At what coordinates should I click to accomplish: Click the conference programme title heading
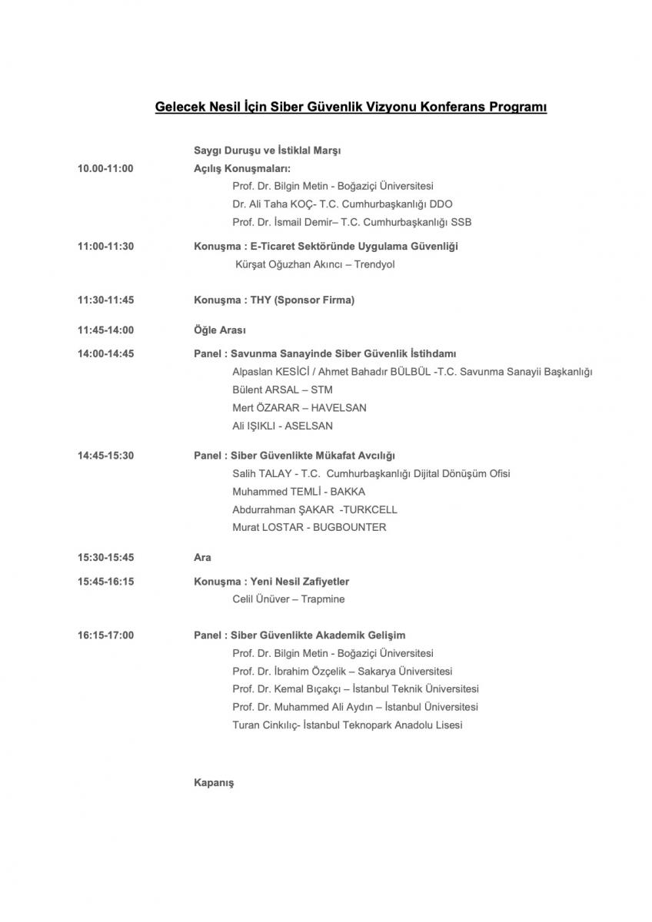(x=351, y=108)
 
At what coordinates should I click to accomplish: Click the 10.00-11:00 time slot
(x=105, y=168)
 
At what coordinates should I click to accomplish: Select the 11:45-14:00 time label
(x=105, y=330)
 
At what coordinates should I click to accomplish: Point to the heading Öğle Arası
(x=220, y=330)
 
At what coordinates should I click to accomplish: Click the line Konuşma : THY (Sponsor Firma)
(x=274, y=300)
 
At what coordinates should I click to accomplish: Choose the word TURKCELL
(x=370, y=510)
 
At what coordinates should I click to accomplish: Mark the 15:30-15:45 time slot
(x=105, y=558)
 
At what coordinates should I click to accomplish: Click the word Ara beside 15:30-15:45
(x=202, y=558)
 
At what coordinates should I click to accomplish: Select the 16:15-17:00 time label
(x=105, y=635)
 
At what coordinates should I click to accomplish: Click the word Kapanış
(x=214, y=783)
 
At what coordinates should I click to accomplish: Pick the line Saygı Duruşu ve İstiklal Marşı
(x=267, y=151)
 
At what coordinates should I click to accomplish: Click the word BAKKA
(x=348, y=492)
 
